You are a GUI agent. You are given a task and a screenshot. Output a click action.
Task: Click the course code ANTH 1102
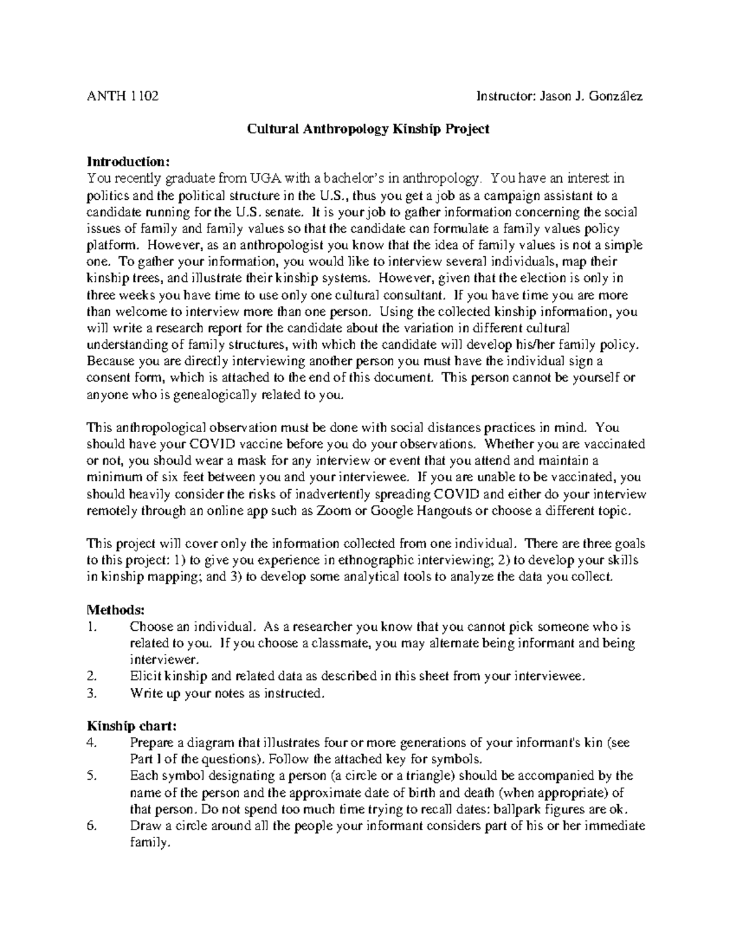point(122,96)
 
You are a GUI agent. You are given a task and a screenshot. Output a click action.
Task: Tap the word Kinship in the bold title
point(419,129)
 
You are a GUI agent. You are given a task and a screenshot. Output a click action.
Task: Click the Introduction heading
point(126,162)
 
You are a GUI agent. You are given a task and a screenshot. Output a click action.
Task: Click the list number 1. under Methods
point(91,627)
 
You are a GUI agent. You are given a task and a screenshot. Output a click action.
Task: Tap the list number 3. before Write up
point(91,694)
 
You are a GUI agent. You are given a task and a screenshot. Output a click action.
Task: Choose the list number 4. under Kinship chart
point(92,743)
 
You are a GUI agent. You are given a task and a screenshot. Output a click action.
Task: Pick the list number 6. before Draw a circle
point(92,826)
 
